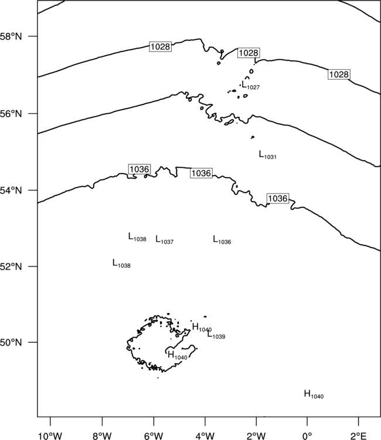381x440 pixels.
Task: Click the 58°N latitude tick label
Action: tap(11, 36)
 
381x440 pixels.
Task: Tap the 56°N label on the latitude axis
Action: tap(11, 114)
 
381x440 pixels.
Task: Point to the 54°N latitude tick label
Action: tap(11, 190)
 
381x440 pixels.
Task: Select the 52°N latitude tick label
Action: tap(11, 266)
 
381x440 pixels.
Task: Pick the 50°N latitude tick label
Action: tap(11, 343)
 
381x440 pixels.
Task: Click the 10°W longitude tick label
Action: tap(50, 436)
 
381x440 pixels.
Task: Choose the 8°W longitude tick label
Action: tap(102, 436)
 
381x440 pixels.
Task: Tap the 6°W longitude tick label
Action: tap(154, 436)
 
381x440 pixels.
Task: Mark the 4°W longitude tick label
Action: tap(205, 436)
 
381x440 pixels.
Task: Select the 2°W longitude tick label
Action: tap(256, 436)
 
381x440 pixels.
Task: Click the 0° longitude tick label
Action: tap(307, 436)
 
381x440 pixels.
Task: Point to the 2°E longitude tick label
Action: tap(359, 436)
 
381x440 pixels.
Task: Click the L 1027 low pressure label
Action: tap(251, 84)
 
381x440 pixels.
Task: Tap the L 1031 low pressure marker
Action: tap(267, 155)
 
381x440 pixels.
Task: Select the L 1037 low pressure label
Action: tap(165, 239)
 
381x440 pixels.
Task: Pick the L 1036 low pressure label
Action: tap(222, 239)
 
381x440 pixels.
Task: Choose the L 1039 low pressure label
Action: tap(216, 334)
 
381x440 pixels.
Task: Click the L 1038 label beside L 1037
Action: tap(137, 237)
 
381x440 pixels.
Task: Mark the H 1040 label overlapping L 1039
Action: tap(202, 327)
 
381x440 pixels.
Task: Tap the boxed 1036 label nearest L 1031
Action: tap(278, 198)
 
